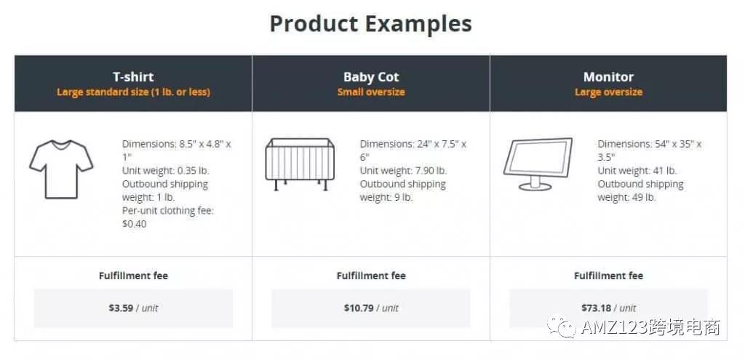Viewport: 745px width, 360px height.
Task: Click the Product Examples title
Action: (x=370, y=23)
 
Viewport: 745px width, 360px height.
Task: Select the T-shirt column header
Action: (x=133, y=76)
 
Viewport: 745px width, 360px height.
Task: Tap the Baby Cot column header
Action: (x=371, y=76)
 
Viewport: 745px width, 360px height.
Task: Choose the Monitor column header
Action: (x=608, y=76)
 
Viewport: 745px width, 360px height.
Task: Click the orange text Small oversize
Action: (x=371, y=92)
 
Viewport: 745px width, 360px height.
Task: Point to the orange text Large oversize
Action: (x=608, y=92)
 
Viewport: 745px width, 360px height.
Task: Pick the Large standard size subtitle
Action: (x=133, y=92)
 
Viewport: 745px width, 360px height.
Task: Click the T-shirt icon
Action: (x=61, y=169)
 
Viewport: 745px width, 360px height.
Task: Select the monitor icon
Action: (x=538, y=164)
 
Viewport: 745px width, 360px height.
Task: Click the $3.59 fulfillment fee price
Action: (x=121, y=308)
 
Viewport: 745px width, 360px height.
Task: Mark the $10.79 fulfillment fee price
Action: (x=359, y=308)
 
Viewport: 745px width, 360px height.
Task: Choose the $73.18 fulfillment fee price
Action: (x=596, y=308)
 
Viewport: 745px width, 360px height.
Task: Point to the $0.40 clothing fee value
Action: (x=135, y=224)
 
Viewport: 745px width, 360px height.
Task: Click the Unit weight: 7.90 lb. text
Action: (x=403, y=171)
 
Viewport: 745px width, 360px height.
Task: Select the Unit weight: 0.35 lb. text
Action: (x=166, y=171)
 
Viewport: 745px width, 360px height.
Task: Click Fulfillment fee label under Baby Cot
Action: (x=371, y=276)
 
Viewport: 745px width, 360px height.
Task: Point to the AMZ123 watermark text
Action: (x=650, y=328)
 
